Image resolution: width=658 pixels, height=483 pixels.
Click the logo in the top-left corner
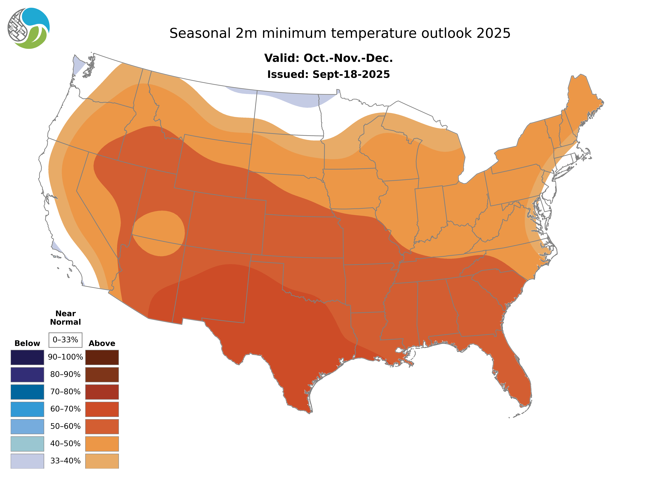tap(29, 28)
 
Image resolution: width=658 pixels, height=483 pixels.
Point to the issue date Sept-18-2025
tap(351, 75)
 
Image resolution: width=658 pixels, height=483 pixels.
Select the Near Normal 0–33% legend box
tap(65, 340)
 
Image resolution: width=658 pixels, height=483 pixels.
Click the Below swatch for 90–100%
tap(27, 357)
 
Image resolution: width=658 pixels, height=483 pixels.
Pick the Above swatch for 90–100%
tap(102, 357)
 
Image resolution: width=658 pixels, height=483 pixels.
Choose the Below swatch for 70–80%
tap(27, 392)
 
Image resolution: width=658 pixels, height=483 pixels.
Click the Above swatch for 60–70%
tap(102, 409)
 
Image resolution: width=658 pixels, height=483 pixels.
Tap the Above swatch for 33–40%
tap(102, 461)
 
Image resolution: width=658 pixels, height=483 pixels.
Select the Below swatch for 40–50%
tap(27, 444)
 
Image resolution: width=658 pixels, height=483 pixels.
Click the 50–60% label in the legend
tap(65, 426)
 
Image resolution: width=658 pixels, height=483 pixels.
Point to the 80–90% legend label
tap(65, 374)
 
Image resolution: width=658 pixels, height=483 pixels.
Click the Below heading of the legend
tap(27, 343)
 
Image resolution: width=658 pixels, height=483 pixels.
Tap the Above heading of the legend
tap(102, 343)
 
